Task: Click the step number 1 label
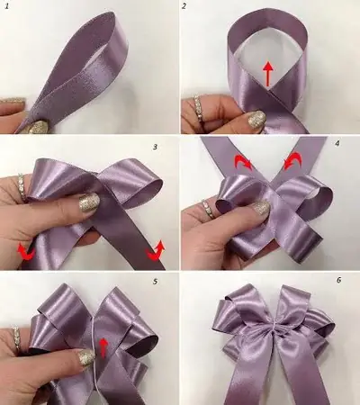6,6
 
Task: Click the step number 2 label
184,6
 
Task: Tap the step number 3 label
155,147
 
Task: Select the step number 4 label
337,143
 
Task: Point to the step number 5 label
155,282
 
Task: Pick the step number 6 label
338,281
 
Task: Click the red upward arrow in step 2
267,75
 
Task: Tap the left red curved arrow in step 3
25,251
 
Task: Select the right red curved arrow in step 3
156,249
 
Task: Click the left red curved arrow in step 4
243,162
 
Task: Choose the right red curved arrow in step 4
291,160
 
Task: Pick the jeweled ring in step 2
199,108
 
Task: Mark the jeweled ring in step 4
208,208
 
